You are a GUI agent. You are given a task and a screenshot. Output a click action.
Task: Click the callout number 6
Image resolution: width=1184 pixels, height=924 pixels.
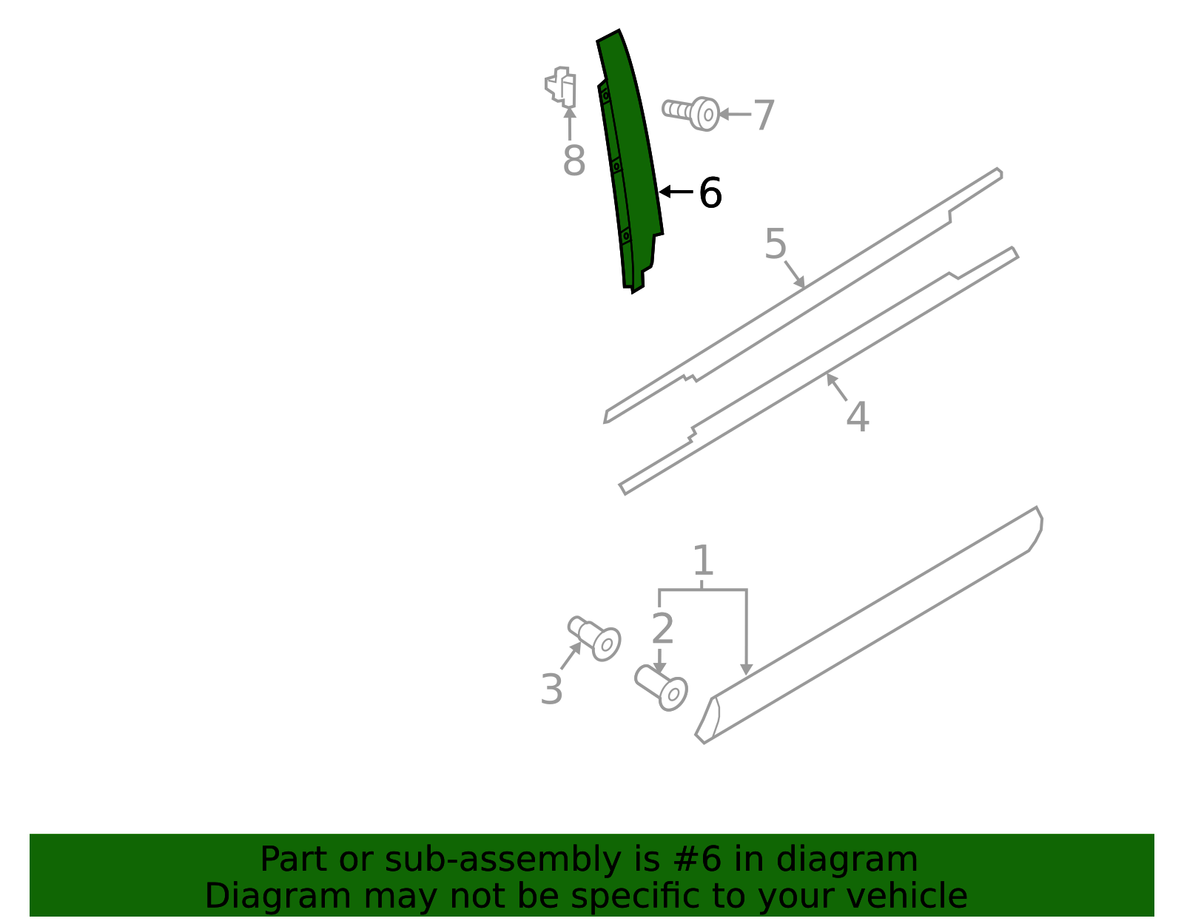tap(710, 193)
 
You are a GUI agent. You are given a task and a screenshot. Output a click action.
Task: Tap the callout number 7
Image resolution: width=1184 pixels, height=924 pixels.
tap(764, 115)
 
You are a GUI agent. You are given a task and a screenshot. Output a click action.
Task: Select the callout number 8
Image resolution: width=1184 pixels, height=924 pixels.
tap(573, 161)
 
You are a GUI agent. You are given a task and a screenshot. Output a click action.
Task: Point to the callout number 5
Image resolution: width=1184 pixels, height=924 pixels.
tap(776, 243)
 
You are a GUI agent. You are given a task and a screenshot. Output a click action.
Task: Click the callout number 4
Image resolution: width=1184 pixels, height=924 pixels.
tap(857, 417)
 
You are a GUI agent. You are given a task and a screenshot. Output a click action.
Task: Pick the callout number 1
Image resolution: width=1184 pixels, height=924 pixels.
tap(703, 560)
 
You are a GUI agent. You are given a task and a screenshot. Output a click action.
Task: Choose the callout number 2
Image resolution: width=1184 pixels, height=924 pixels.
tap(662, 629)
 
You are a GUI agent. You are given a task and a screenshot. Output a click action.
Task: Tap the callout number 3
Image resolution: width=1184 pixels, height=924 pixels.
tap(551, 689)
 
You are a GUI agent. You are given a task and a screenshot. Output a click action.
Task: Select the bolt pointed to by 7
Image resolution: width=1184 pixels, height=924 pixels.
tap(691, 113)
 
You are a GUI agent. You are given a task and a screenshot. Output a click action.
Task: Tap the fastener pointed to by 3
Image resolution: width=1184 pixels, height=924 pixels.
tap(594, 638)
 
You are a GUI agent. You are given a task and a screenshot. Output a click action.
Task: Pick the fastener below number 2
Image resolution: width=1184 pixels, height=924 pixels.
tap(661, 687)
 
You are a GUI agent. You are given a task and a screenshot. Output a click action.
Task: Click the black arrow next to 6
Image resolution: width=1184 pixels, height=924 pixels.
tap(676, 192)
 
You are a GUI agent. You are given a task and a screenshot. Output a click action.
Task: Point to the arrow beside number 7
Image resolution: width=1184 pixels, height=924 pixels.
tap(735, 115)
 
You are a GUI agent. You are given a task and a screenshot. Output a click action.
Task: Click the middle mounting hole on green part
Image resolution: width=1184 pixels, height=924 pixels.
tap(616, 166)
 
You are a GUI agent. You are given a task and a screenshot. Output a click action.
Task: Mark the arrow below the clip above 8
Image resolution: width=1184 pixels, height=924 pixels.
tap(569, 124)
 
